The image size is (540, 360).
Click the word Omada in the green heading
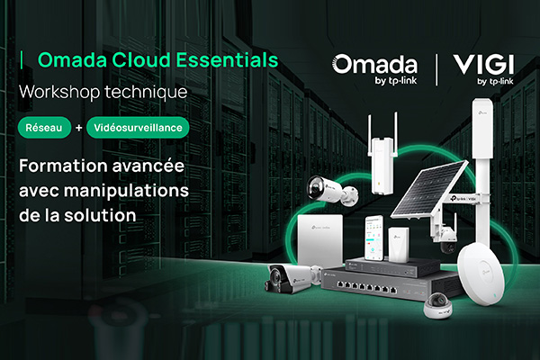point(72,60)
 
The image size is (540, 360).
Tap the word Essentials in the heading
point(228,60)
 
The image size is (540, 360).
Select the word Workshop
point(59,92)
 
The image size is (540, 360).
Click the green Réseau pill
point(44,128)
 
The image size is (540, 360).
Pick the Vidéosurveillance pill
point(138,128)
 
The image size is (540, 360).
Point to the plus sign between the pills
point(79,128)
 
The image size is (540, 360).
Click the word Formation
point(63,166)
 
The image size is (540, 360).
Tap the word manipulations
point(126,191)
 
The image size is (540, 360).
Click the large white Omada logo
point(374,68)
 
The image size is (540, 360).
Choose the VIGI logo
point(483,69)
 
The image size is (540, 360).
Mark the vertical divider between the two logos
point(436,69)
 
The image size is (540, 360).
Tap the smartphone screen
point(374,238)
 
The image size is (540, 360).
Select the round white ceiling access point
point(481,274)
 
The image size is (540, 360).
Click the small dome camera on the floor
point(438,305)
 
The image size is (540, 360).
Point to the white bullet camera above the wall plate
point(332,191)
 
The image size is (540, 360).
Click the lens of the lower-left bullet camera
point(275,278)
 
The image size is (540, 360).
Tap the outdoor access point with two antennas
point(382,154)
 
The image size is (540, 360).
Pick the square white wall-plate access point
point(321,239)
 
